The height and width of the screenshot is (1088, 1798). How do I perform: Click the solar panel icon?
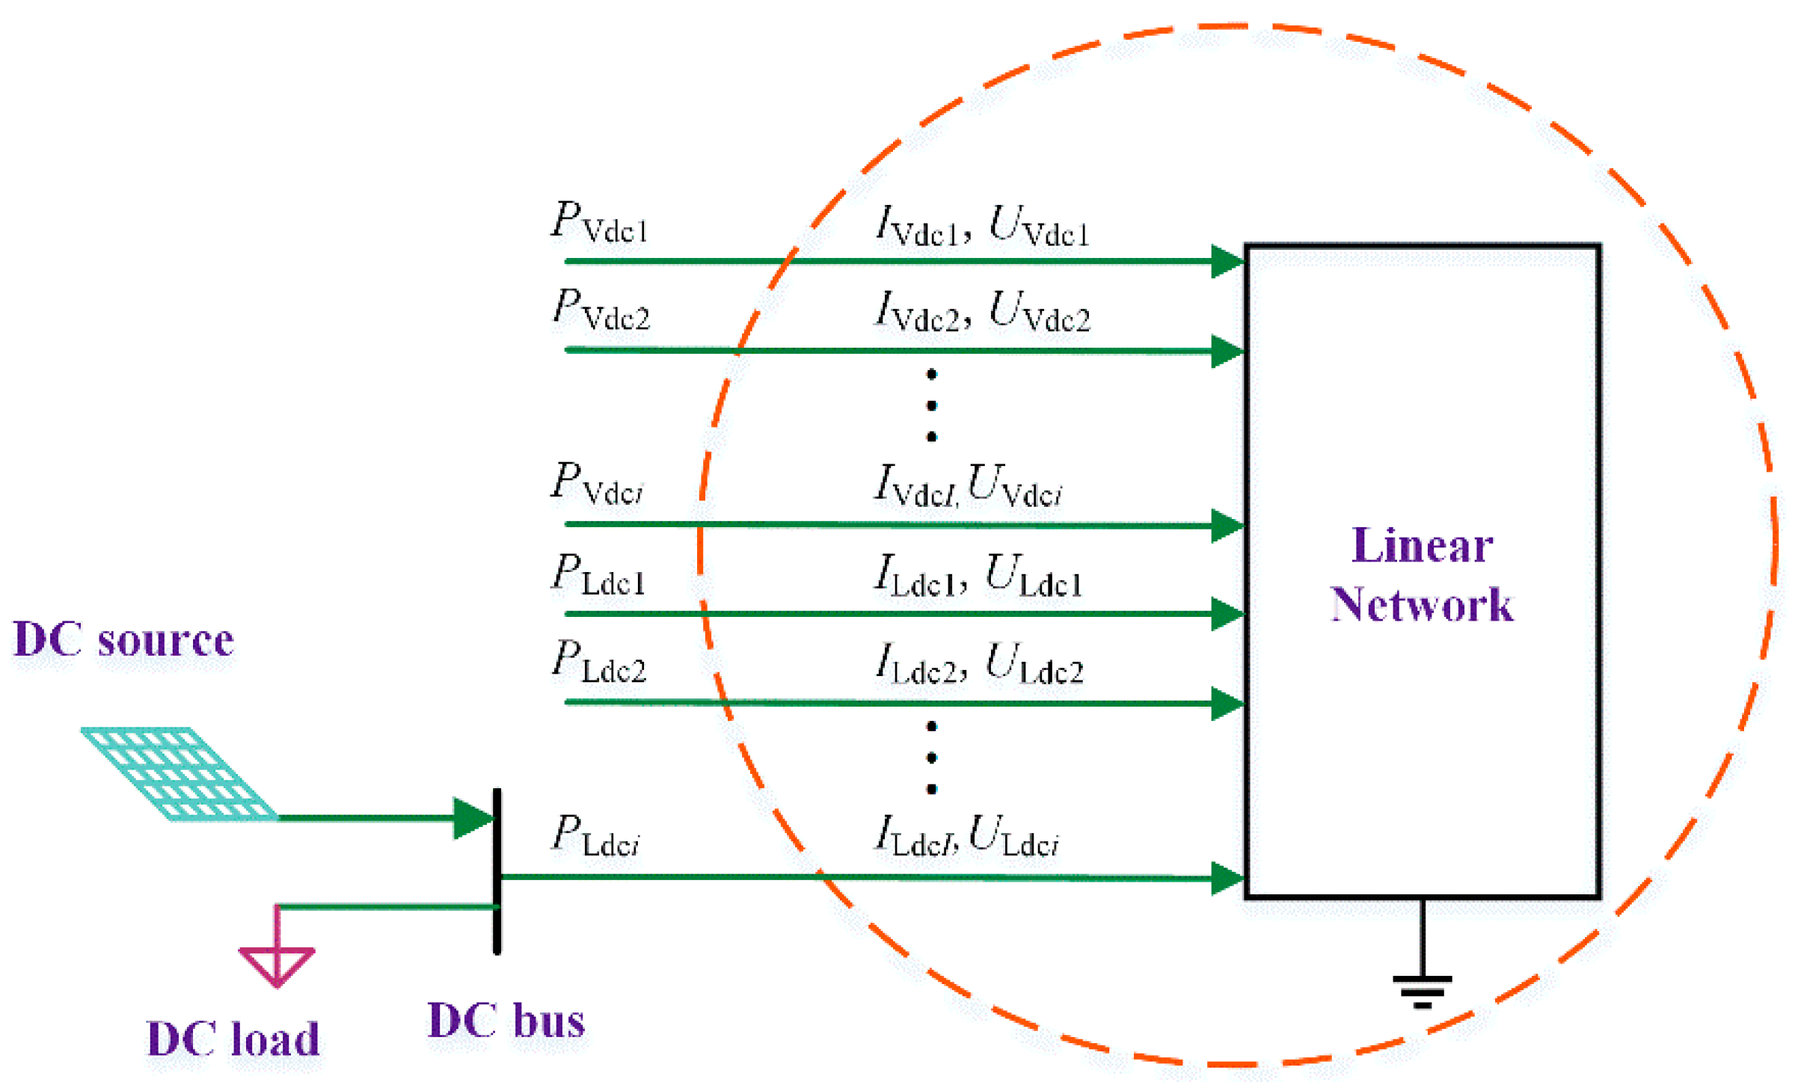[x=180, y=774]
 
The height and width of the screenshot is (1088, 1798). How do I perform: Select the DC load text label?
[x=233, y=1039]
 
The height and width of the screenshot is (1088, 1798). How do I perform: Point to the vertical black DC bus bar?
[x=497, y=871]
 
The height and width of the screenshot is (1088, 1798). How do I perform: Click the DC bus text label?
[x=506, y=1021]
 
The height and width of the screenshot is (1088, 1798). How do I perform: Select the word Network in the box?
[x=1422, y=604]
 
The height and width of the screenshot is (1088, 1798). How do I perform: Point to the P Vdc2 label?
[x=601, y=310]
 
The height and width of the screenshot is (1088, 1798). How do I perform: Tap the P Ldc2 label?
[x=599, y=662]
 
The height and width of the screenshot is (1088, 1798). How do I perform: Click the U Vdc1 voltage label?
[x=1040, y=226]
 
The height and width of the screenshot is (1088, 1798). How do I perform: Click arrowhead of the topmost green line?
[x=1227, y=261]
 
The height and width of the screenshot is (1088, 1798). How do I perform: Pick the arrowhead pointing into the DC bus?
[x=473, y=818]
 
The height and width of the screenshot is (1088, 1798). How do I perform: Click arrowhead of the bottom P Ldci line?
[x=1227, y=878]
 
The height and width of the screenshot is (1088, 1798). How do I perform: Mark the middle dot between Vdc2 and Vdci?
[x=931, y=405]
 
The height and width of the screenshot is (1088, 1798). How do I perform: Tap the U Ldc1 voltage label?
[x=1034, y=577]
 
